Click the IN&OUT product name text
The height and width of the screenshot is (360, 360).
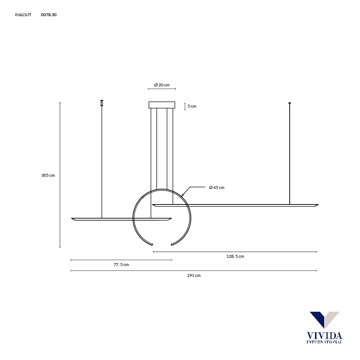point(23,15)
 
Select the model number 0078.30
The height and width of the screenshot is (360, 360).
point(49,15)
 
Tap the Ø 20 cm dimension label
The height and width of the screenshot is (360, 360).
point(162,85)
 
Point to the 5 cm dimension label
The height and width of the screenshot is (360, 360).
point(192,106)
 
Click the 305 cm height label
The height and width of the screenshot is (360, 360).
point(48,175)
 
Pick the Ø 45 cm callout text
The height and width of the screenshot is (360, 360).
point(217,188)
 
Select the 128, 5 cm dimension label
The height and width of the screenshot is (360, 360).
point(235,256)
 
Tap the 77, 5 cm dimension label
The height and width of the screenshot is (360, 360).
point(121,265)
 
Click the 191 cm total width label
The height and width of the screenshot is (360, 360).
point(194,275)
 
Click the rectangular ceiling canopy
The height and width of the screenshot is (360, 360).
point(162,105)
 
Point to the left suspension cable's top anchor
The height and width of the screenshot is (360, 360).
point(102,103)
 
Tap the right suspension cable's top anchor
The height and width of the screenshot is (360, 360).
point(289,104)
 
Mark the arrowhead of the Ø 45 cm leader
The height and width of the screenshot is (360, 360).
point(183,195)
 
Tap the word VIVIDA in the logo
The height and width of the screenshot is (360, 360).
point(324,336)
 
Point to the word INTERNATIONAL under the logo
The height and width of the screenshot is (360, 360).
point(324,342)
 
